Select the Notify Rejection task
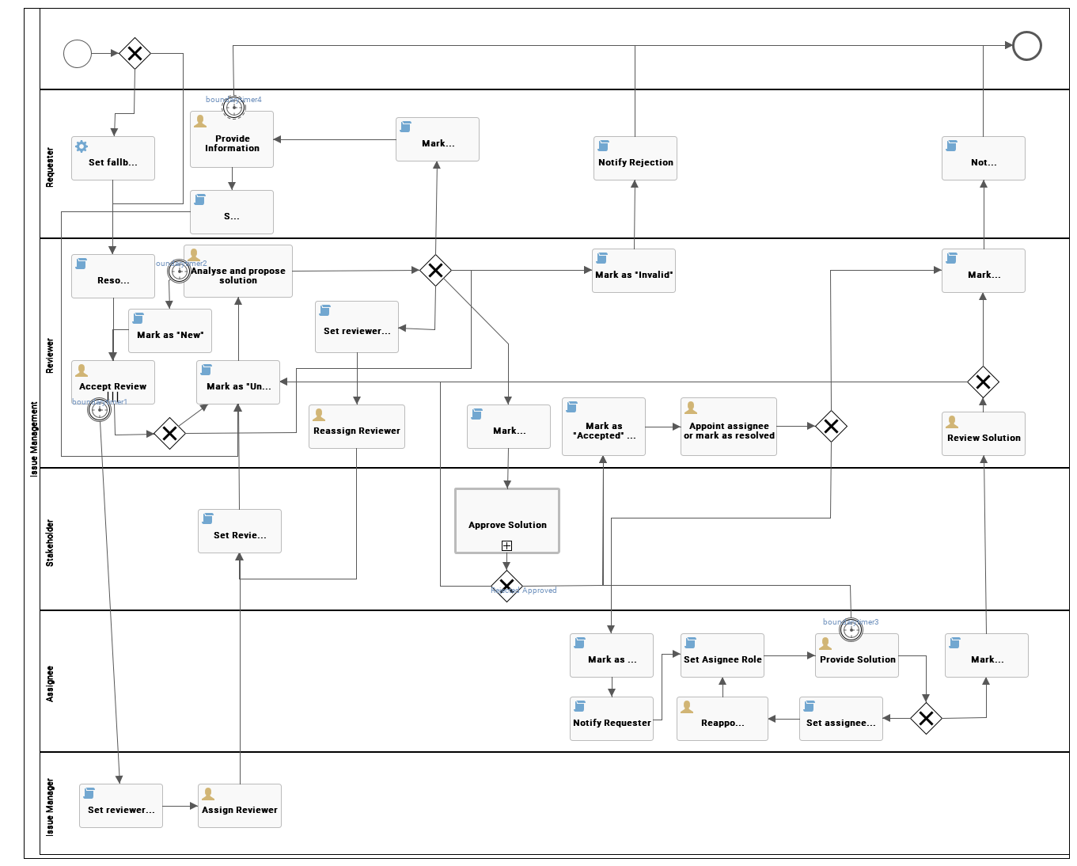tap(635, 158)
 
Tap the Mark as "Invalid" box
tap(633, 271)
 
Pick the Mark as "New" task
tap(169, 331)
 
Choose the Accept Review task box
tap(112, 382)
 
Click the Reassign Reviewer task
tap(356, 427)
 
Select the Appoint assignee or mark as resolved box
tap(728, 427)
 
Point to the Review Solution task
tap(983, 434)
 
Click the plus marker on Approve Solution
tap(506, 545)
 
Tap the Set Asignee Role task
tap(722, 655)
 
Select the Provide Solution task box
tap(856, 655)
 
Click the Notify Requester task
tap(611, 719)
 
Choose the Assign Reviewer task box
tap(239, 806)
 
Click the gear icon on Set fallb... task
tap(82, 146)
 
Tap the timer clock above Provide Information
tap(233, 106)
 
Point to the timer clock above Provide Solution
tap(851, 629)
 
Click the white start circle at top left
tap(78, 54)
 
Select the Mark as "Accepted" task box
tap(603, 427)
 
